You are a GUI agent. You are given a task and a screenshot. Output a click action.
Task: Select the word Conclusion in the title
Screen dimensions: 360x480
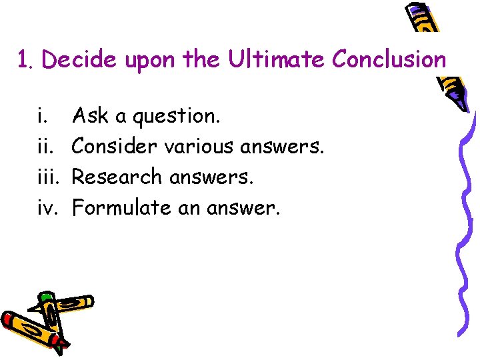(389, 60)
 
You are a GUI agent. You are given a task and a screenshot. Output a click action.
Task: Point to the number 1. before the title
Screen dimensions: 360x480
(25, 61)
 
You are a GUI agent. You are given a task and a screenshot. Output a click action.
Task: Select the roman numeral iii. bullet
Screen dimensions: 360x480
(47, 177)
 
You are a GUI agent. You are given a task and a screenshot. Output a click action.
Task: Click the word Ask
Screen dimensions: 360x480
(91, 116)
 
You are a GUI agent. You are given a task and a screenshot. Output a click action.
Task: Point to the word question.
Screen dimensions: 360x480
(176, 117)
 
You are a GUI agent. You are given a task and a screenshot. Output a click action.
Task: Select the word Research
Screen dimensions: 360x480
(116, 177)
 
